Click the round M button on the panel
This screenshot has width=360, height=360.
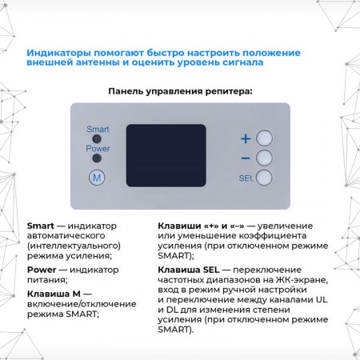[97, 178]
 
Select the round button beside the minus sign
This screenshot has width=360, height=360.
[265, 158]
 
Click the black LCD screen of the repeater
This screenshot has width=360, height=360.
[166, 155]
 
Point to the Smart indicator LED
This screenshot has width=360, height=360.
[97, 138]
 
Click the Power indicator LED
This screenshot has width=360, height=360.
[97, 158]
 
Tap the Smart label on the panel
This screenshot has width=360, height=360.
[98, 129]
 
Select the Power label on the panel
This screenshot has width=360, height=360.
[98, 149]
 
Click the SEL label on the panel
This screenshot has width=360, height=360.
[246, 178]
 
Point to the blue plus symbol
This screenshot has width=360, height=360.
[246, 138]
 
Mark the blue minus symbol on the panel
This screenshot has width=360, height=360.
[246, 158]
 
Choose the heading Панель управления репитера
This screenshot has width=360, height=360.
[180, 91]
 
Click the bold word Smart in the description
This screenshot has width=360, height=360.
[41, 226]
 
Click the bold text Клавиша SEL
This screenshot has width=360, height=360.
[187, 270]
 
